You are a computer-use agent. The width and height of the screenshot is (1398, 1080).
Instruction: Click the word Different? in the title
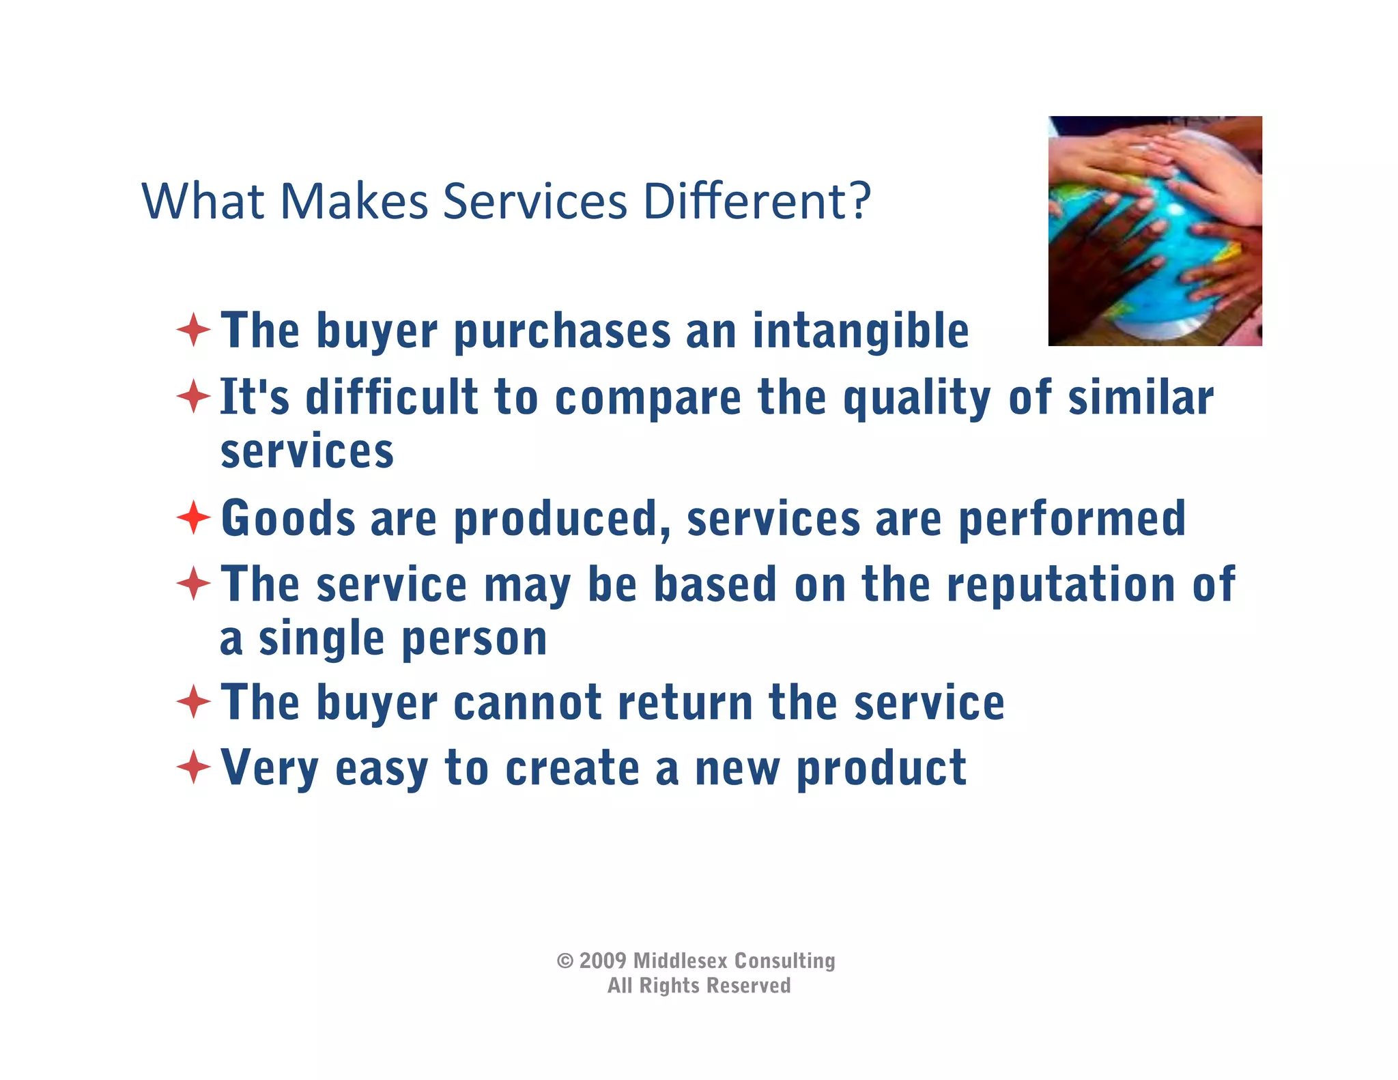(x=757, y=201)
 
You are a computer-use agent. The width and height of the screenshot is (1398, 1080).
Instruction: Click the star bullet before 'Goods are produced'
(x=194, y=517)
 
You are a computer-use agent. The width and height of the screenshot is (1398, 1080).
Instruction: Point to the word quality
(x=917, y=398)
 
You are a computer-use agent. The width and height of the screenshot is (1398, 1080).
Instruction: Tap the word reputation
(x=1060, y=585)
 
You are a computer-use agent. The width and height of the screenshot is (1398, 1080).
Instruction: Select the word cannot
(x=527, y=703)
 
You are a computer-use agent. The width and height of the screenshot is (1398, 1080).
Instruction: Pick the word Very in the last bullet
(x=270, y=769)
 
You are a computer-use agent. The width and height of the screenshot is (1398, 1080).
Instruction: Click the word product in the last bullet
(x=881, y=769)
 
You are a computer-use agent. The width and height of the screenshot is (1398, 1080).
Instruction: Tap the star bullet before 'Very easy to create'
(x=194, y=767)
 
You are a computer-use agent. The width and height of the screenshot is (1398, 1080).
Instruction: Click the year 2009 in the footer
(x=603, y=961)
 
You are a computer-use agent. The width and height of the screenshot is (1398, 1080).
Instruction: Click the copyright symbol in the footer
(x=565, y=961)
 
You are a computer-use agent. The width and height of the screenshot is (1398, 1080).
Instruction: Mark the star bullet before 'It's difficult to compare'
(x=194, y=397)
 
